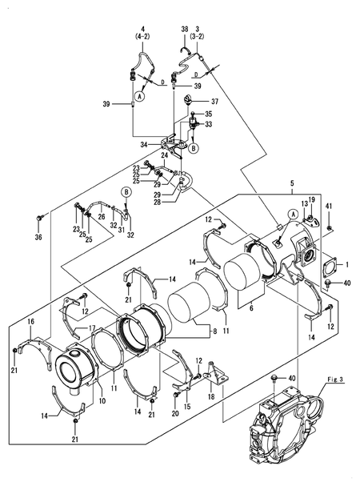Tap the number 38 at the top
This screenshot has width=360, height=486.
pos(184,29)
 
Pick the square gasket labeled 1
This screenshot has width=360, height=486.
pos(329,265)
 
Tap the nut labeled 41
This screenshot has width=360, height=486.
pos(329,229)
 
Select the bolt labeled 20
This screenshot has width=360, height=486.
pos(176,396)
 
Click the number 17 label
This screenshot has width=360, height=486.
pos(92,327)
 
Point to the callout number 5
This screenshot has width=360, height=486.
pos(292,183)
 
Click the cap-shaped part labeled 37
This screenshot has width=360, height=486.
pos(190,100)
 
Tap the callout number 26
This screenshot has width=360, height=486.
pos(102,216)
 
